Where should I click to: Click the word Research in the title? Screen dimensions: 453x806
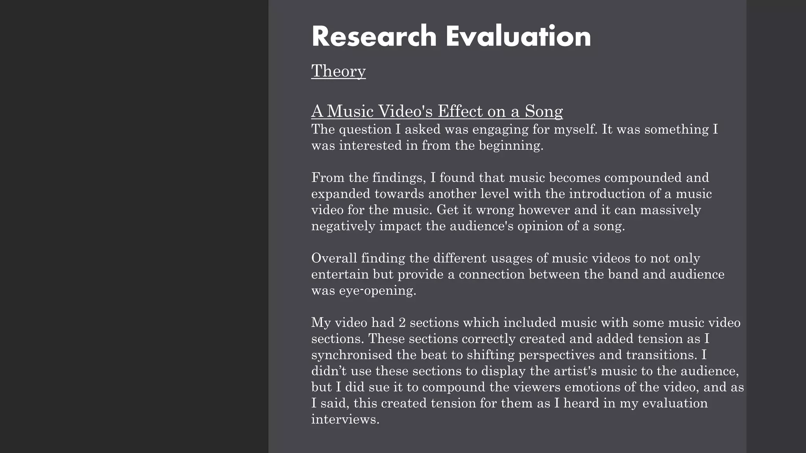(374, 36)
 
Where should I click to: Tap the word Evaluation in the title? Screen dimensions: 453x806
(518, 36)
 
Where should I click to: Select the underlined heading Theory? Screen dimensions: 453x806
(338, 71)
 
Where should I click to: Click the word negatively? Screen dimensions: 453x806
(343, 226)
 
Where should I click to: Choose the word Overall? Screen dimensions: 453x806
(334, 258)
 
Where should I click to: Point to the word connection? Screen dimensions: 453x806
(492, 274)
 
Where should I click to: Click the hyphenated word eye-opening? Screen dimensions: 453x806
(377, 291)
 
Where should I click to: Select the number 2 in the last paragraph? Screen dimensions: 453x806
(402, 323)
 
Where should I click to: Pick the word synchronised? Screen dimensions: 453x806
(352, 355)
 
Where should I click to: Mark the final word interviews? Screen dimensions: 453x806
(345, 419)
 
